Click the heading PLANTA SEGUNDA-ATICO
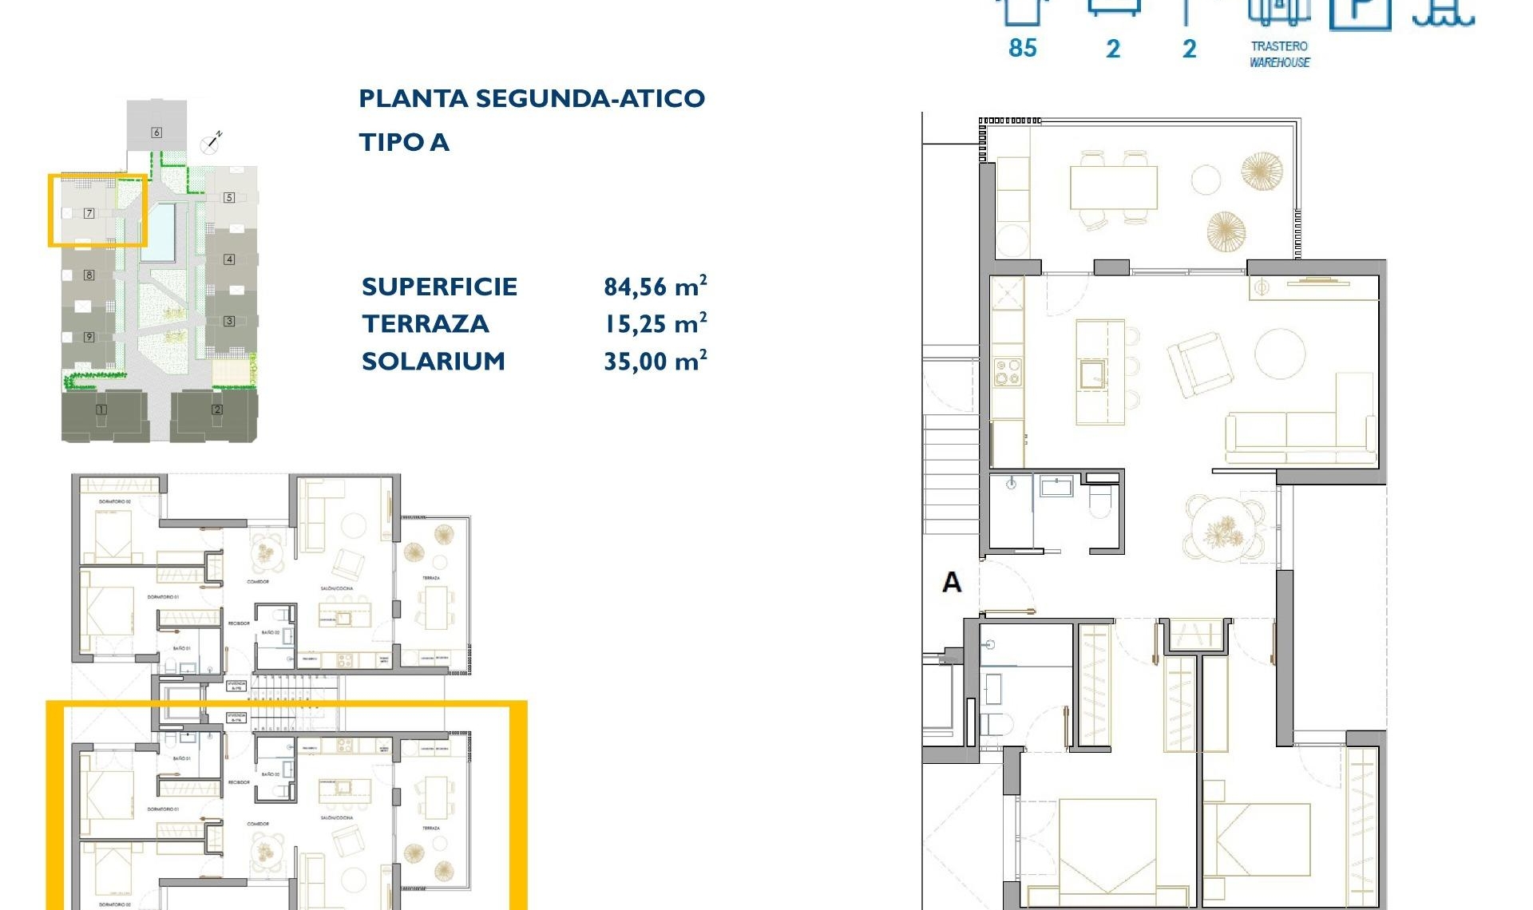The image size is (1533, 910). click(532, 99)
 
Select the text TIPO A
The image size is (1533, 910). click(404, 143)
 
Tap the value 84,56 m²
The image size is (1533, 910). click(655, 287)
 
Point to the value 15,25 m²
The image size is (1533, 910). click(655, 323)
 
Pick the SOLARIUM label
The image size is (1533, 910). click(434, 362)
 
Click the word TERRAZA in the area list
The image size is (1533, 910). click(425, 324)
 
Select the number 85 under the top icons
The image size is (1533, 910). click(1022, 49)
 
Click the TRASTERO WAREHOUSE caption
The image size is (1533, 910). click(1279, 54)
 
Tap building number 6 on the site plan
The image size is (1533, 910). click(156, 133)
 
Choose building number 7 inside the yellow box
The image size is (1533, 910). click(89, 213)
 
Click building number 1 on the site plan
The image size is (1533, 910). click(101, 409)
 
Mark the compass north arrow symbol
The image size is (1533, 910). click(211, 143)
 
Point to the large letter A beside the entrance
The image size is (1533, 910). click(952, 583)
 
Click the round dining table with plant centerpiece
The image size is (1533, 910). click(1223, 528)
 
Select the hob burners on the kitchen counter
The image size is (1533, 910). click(1007, 372)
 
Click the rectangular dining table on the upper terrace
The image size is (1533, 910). click(1114, 188)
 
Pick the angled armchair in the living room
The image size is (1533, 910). click(1199, 364)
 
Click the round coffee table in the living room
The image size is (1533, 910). click(1280, 353)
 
